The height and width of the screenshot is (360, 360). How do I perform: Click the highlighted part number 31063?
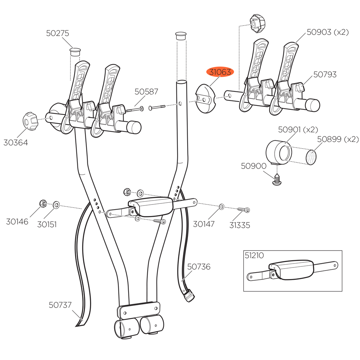click(x=220, y=72)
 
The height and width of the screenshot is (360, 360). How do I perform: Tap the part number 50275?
click(x=57, y=33)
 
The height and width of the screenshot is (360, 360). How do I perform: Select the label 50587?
click(x=146, y=91)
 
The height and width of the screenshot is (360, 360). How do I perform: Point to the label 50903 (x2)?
click(x=328, y=32)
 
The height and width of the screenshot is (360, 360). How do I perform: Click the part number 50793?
click(x=325, y=75)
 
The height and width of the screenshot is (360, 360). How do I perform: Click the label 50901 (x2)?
click(x=298, y=129)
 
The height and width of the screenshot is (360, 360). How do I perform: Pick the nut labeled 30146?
click(x=42, y=204)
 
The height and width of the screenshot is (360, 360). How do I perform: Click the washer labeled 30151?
click(x=56, y=205)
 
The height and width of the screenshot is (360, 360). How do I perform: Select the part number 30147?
click(x=203, y=224)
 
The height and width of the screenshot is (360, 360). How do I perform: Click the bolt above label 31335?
click(x=243, y=209)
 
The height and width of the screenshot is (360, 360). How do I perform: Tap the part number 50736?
click(x=198, y=267)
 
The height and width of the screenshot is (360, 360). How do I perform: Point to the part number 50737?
click(x=60, y=305)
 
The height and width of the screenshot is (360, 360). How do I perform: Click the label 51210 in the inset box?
click(x=254, y=256)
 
